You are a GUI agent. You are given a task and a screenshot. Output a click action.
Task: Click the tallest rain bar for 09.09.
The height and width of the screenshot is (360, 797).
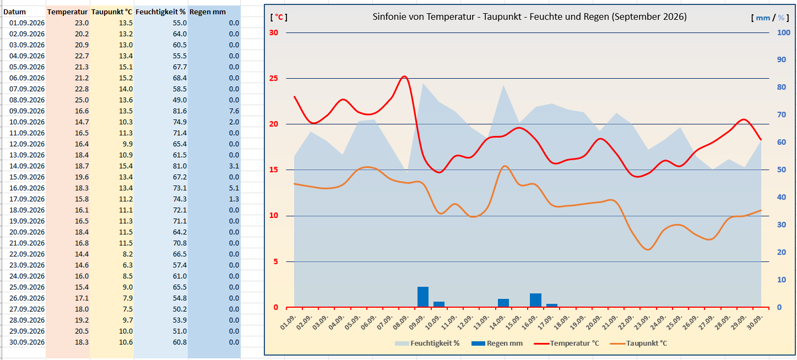pyautogui.click(x=422, y=297)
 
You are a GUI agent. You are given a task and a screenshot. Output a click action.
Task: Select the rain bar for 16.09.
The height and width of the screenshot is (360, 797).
pyautogui.click(x=535, y=300)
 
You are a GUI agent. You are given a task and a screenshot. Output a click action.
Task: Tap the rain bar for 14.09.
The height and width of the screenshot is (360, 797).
pyautogui.click(x=503, y=303)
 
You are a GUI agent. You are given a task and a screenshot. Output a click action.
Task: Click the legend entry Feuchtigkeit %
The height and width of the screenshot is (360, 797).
pyautogui.click(x=427, y=343)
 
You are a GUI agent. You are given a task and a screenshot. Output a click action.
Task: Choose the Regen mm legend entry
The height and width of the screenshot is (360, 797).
pyautogui.click(x=497, y=343)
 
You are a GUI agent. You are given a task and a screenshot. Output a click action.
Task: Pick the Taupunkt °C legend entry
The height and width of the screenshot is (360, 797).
pyautogui.click(x=639, y=343)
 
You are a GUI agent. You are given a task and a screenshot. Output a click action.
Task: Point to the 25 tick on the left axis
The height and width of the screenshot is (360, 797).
pyautogui.click(x=274, y=78)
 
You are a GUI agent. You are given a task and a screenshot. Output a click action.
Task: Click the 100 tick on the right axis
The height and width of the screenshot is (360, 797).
pyautogui.click(x=783, y=32)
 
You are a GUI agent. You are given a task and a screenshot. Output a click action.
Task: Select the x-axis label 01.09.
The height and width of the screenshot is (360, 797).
pyautogui.click(x=288, y=322)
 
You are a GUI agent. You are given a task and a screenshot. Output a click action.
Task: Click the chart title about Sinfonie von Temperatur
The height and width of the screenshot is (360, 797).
pyautogui.click(x=529, y=17)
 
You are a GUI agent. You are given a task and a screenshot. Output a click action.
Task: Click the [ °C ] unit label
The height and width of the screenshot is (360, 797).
pyautogui.click(x=279, y=17)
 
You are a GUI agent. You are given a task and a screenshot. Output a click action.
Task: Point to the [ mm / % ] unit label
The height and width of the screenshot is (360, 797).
pyautogui.click(x=770, y=18)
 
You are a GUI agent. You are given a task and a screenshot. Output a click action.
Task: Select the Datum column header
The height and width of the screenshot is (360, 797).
pyautogui.click(x=14, y=12)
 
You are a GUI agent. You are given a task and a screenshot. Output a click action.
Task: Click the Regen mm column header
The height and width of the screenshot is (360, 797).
pyautogui.click(x=208, y=12)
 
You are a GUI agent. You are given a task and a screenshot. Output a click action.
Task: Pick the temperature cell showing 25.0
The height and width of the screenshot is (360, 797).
pyautogui.click(x=82, y=100)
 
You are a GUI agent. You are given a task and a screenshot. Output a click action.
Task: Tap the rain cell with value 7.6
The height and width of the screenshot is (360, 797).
pyautogui.click(x=234, y=111)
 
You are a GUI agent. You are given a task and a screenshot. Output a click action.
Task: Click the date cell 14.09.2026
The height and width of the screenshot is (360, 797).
pyautogui.click(x=27, y=166)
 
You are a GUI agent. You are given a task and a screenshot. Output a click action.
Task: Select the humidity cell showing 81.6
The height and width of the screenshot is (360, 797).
pyautogui.click(x=180, y=111)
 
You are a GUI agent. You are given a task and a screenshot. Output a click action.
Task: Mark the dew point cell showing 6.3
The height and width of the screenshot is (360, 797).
pyautogui.click(x=128, y=265)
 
